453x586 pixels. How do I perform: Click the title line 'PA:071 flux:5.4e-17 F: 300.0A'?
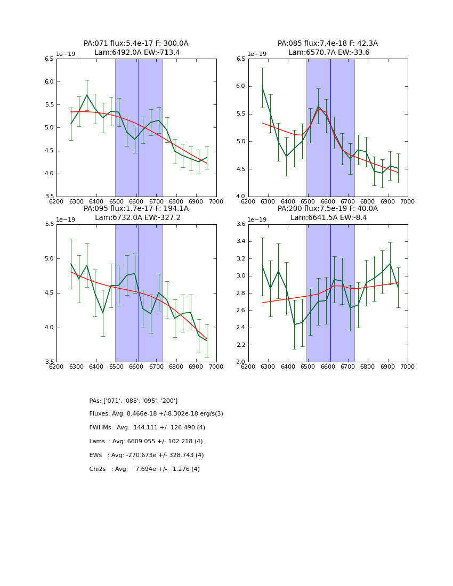point(136,44)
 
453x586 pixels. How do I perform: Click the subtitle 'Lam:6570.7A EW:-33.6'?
point(328,53)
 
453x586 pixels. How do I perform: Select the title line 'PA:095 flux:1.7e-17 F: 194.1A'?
point(136,209)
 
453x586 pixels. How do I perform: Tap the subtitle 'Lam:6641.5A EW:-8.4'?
point(328,218)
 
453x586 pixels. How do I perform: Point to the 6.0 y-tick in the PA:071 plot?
point(49,82)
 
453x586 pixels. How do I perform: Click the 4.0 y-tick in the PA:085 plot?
point(240,197)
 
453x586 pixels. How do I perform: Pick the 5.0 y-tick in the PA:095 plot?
point(49,259)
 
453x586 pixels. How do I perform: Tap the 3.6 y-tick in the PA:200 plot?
point(240,224)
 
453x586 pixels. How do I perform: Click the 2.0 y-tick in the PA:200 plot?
point(240,362)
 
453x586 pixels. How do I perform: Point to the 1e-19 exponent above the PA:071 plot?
point(66,54)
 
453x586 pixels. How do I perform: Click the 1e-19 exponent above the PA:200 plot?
point(257,219)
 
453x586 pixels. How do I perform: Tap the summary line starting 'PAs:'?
point(133,401)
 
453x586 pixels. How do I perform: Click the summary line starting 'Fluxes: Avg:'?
point(156,414)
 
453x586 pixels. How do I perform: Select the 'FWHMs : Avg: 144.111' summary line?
point(147,428)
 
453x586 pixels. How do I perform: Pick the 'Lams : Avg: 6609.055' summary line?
point(146,442)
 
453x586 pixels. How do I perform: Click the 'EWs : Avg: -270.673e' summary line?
point(147,455)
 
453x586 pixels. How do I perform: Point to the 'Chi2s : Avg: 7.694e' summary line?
point(144,469)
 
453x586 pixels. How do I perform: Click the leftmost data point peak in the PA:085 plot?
point(262,87)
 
